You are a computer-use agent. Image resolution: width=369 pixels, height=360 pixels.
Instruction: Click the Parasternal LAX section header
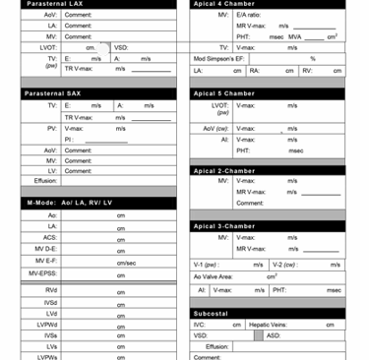click(54, 4)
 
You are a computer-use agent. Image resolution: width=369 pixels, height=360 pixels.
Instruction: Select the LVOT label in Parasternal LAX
click(48, 47)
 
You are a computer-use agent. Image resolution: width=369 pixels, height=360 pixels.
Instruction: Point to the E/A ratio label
click(247, 16)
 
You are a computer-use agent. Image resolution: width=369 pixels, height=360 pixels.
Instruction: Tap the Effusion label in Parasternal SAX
click(45, 181)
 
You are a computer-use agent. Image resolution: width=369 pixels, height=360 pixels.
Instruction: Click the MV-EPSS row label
click(42, 273)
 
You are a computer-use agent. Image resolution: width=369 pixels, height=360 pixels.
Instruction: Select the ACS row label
click(50, 238)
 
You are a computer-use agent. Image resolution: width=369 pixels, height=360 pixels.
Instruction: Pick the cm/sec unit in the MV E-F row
click(126, 263)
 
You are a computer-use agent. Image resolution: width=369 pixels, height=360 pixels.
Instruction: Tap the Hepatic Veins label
click(267, 325)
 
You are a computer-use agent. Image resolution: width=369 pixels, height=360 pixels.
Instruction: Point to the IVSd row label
click(50, 303)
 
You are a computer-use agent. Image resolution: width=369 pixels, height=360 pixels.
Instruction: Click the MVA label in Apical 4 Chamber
click(295, 36)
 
